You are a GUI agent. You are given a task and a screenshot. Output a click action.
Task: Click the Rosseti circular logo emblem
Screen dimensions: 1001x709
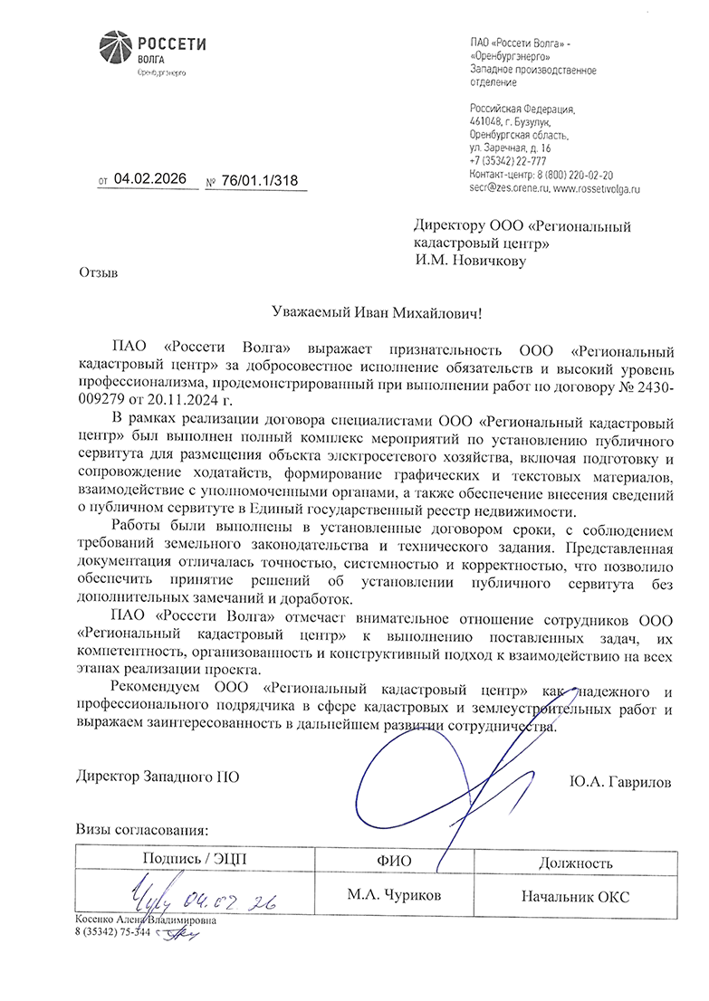pos(114,50)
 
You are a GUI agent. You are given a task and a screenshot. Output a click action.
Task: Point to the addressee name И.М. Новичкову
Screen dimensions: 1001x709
pos(470,261)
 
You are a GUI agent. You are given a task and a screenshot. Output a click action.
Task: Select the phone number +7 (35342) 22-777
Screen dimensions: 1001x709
pos(507,160)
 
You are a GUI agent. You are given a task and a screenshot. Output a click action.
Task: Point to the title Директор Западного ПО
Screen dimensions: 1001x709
pos(158,777)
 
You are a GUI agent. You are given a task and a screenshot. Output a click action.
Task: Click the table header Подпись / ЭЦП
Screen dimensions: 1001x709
pos(194,859)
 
